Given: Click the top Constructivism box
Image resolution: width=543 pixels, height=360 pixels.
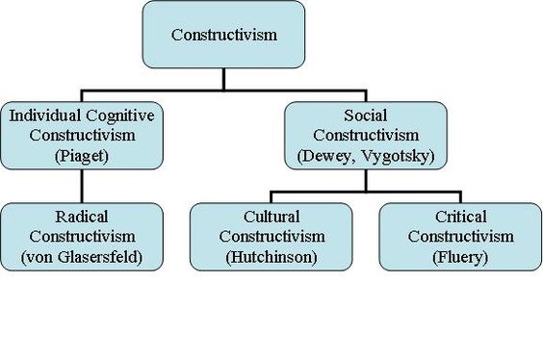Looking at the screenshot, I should (x=223, y=35).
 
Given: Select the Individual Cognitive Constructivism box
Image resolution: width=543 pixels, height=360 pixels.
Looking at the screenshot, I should (x=82, y=134).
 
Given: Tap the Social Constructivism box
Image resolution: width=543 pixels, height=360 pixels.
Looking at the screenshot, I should (x=365, y=134).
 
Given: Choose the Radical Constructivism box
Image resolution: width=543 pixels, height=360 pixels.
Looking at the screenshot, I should (x=82, y=236).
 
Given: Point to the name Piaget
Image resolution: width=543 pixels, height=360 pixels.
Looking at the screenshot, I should (x=82, y=153).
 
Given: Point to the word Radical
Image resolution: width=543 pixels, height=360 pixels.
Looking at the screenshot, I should (x=82, y=217).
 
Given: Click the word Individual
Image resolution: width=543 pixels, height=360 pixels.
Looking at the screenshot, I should (x=42, y=116).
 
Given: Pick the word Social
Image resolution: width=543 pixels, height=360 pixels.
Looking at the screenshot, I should (x=365, y=116).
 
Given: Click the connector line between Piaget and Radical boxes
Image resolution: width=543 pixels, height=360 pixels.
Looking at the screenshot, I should (x=82, y=186).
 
